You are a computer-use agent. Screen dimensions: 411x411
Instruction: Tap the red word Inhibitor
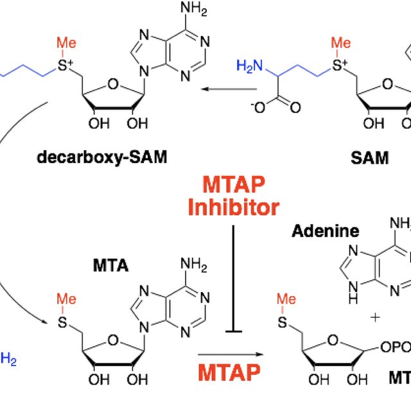point(233,207)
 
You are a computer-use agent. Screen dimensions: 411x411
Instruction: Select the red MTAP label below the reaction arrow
point(229,372)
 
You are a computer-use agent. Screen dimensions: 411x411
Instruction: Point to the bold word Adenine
point(326,231)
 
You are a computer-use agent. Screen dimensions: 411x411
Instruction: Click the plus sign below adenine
point(374,317)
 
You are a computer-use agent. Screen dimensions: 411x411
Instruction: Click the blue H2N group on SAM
point(249,66)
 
